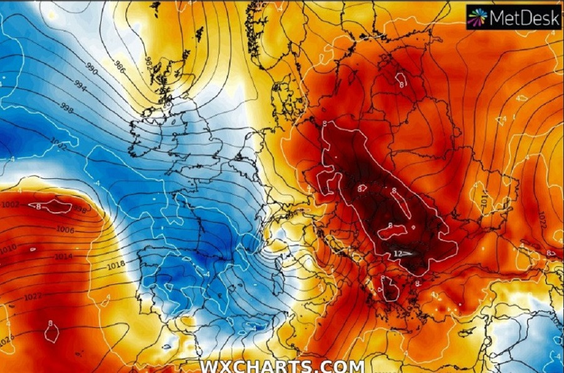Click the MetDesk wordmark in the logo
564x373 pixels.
tap(525, 18)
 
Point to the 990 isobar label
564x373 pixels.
tap(91, 69)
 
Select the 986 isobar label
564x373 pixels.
tap(119, 65)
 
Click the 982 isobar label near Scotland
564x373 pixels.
tap(149, 62)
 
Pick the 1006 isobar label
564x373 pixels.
tap(65, 230)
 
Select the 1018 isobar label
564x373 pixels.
tap(115, 265)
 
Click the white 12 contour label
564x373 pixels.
tap(398, 253)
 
